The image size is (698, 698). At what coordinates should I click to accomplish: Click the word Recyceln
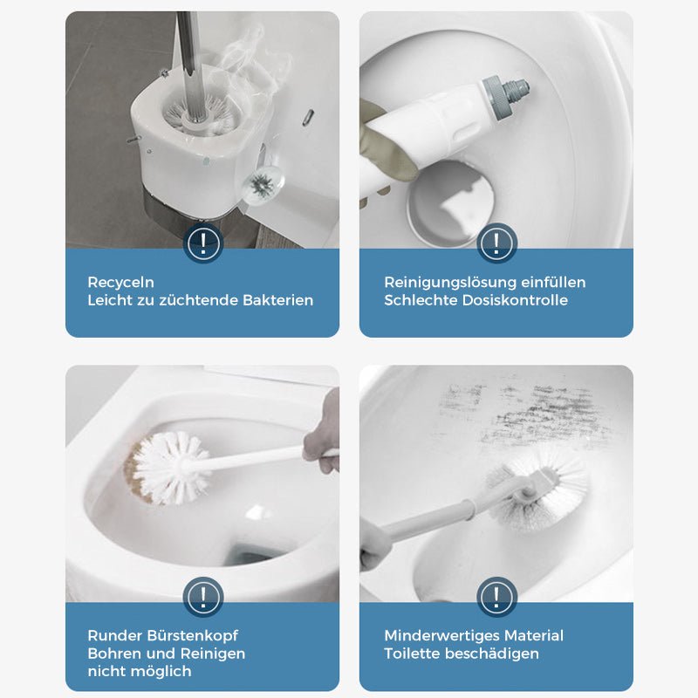(x=120, y=283)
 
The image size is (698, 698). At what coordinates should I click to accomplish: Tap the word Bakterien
(x=276, y=300)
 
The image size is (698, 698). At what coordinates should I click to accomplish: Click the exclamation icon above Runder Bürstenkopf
(x=203, y=598)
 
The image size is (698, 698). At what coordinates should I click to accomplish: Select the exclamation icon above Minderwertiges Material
(x=496, y=598)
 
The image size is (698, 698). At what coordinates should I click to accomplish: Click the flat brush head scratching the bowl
(x=534, y=493)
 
